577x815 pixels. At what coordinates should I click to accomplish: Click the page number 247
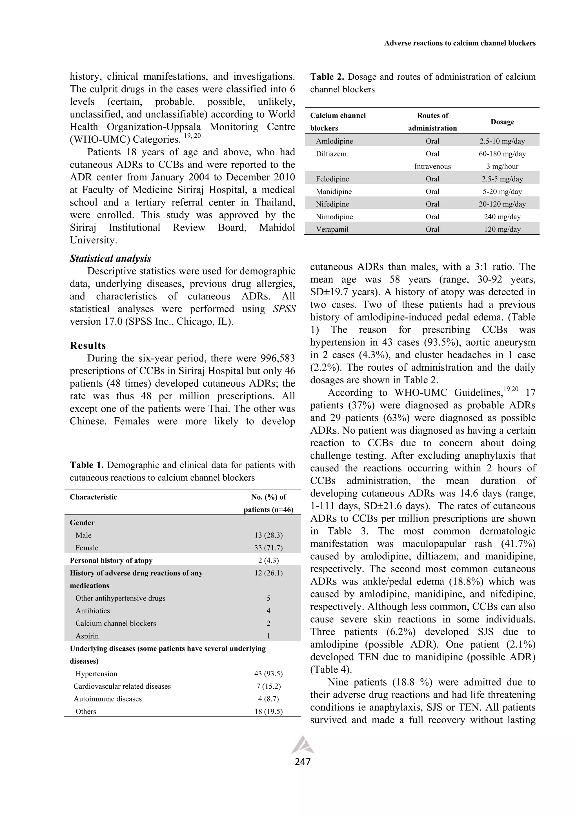click(303, 762)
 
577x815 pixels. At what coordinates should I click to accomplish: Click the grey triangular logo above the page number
click(303, 743)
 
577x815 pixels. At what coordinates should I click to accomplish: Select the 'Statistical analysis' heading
click(110, 258)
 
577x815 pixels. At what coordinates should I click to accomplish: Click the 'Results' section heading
click(88, 345)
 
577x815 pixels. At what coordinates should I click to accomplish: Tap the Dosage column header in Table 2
click(502, 122)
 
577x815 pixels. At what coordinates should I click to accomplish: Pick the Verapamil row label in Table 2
click(332, 229)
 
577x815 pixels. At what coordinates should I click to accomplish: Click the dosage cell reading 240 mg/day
click(502, 216)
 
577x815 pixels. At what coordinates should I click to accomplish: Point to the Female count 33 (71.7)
click(268, 548)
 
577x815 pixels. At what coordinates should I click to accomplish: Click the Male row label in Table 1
click(83, 535)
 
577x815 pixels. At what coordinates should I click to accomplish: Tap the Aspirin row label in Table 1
click(87, 636)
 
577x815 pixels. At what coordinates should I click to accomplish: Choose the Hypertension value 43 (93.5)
click(268, 673)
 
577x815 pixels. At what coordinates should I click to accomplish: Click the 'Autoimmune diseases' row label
click(108, 698)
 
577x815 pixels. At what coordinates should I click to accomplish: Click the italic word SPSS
click(284, 309)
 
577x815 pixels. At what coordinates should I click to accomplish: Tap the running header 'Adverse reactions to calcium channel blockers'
click(460, 43)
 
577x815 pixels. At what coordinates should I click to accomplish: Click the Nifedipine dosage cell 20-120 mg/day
click(502, 204)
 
